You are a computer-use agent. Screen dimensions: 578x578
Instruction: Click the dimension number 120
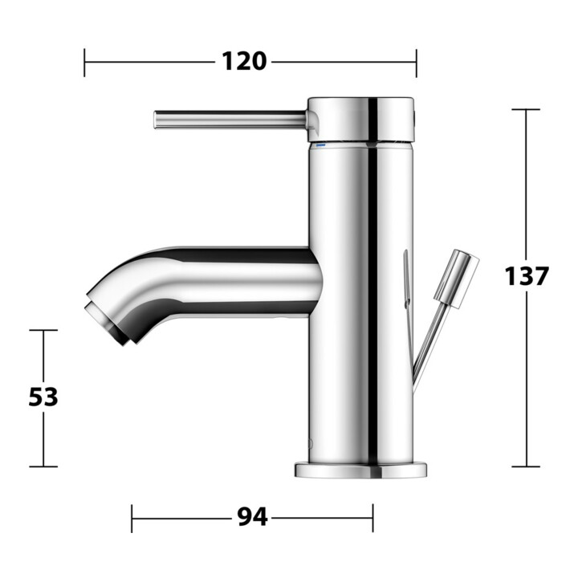[x=244, y=61]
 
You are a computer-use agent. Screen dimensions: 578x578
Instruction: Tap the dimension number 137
[x=527, y=275]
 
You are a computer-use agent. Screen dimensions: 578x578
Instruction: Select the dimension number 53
[x=43, y=397]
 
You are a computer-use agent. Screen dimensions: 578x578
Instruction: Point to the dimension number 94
[x=252, y=517]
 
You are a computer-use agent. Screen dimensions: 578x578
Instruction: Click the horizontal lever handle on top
[x=230, y=120]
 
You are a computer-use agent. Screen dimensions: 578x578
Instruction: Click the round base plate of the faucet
[x=360, y=470]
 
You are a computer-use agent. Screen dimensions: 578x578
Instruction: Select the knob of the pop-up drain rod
[x=456, y=279]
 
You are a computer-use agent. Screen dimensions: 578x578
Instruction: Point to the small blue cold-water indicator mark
[x=320, y=145]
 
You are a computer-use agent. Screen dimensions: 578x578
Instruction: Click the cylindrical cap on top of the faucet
[x=361, y=120]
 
